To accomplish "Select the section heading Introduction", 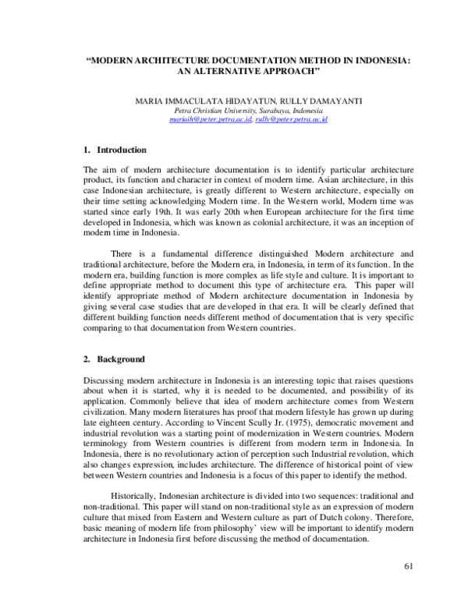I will pyautogui.click(x=121, y=149).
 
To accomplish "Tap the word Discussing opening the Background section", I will pyautogui.click(x=106, y=379).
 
